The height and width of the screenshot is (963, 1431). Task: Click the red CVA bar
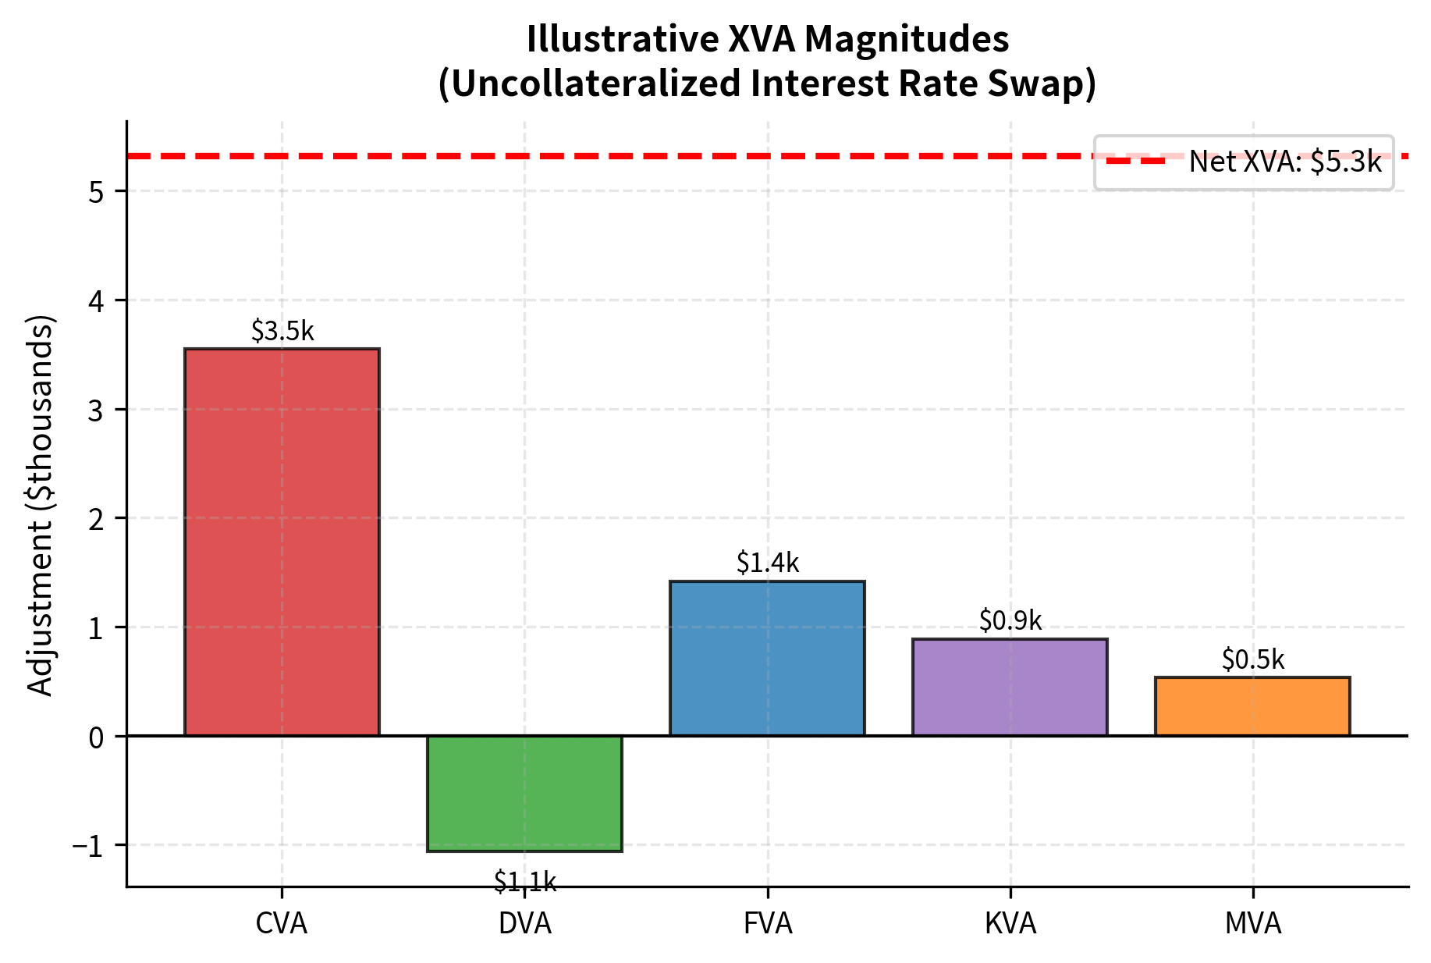(x=282, y=542)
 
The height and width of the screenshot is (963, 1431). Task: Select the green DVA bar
(x=524, y=793)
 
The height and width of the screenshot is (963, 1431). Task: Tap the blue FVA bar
(x=767, y=658)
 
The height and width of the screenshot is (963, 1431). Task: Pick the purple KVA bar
(x=1010, y=687)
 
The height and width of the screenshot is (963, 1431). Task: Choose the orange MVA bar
(x=1252, y=705)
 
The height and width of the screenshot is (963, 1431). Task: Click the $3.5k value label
(x=282, y=332)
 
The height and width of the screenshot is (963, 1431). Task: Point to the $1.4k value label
(x=768, y=563)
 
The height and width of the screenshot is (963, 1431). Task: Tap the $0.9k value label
(x=1010, y=620)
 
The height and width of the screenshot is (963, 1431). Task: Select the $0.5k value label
(x=1253, y=660)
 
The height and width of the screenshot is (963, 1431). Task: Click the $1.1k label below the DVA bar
(x=525, y=882)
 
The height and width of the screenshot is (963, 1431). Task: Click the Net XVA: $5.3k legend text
(x=1285, y=162)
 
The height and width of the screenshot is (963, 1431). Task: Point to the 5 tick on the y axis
(x=97, y=192)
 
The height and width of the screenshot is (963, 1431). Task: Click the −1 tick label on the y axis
(x=88, y=846)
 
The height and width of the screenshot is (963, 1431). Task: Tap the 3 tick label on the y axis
(x=97, y=410)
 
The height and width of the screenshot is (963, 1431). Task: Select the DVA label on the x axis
(x=525, y=924)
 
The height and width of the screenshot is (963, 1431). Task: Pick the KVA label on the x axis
(x=1010, y=924)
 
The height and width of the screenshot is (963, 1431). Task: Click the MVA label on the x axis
(x=1253, y=924)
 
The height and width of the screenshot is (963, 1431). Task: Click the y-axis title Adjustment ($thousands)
(x=41, y=506)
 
